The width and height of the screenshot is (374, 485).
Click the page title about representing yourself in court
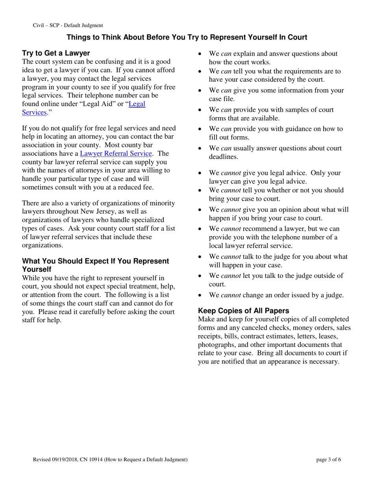[187, 37]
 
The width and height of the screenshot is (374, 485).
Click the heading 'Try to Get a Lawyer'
[56, 53]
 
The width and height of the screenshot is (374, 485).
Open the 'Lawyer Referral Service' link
[116, 153]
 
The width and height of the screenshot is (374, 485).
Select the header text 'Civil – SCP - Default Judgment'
[68, 25]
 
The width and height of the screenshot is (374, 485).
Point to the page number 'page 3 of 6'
[329, 459]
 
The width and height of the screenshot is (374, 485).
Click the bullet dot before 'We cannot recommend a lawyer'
[200, 229]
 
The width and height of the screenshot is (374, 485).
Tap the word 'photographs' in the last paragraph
[216, 345]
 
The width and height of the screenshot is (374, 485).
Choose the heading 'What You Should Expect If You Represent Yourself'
[95, 265]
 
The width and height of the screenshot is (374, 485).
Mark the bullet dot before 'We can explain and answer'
[200, 54]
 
